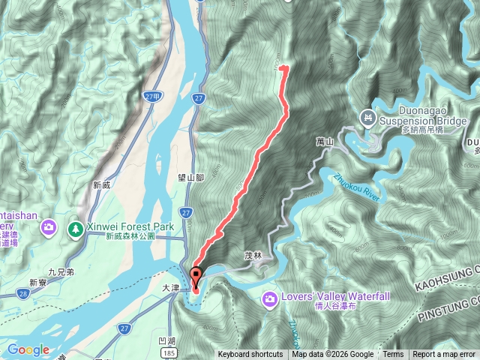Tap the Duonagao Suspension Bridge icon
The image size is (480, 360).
pyautogui.click(x=367, y=117)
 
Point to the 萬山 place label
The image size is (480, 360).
pyautogui.click(x=324, y=141)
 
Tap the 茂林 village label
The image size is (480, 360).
pyautogui.click(x=253, y=255)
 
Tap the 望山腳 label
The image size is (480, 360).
pyautogui.click(x=191, y=178)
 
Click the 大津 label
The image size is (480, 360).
pyautogui.click(x=172, y=287)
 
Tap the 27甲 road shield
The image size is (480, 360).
pyautogui.click(x=153, y=97)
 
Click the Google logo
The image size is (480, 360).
pyautogui.click(x=28, y=349)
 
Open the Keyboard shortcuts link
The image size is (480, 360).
pyautogui.click(x=250, y=355)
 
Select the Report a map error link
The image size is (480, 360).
pyautogui.click(x=445, y=355)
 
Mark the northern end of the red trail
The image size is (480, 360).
pyautogui.click(x=283, y=68)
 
